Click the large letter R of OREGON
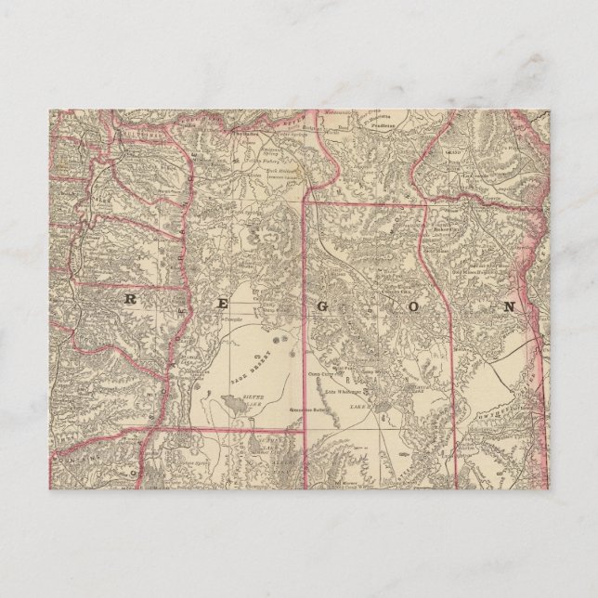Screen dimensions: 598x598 coord(129,299)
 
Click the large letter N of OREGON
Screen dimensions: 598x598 coord(510,305)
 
